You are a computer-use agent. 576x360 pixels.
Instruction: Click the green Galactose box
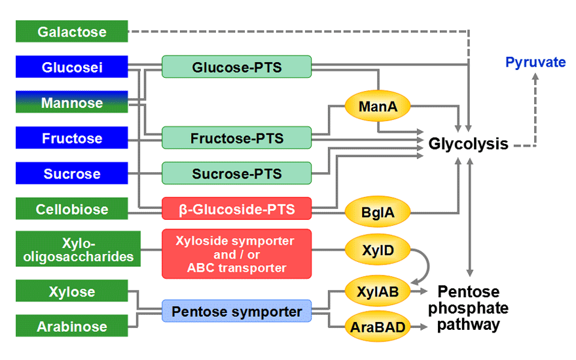[71, 31]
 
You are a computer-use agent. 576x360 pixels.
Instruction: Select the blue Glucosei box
[71, 67]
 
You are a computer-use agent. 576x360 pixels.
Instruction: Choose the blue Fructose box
[71, 137]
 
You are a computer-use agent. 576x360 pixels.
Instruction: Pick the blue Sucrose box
[71, 173]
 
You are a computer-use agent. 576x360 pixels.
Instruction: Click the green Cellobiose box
[71, 209]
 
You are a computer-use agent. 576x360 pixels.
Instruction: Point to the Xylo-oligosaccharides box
[78, 249]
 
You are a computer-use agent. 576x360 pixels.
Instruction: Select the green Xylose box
[71, 291]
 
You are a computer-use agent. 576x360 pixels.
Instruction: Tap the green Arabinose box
[71, 326]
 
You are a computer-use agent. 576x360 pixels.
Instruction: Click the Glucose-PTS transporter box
[236, 67]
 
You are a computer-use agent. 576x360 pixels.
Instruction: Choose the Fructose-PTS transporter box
[236, 137]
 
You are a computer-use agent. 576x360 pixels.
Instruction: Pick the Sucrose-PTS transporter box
[236, 173]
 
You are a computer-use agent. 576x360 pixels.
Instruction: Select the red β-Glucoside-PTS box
[236, 209]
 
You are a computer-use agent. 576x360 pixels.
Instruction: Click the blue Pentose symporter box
[236, 311]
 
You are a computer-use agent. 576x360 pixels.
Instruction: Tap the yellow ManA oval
[378, 106]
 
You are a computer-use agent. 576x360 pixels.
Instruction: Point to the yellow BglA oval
[378, 212]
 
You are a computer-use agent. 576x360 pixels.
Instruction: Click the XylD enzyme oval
[378, 250]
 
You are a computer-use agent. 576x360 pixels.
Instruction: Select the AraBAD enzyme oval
[378, 327]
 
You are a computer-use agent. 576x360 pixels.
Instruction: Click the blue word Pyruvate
[535, 62]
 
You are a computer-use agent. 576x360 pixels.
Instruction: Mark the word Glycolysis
[469, 144]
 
